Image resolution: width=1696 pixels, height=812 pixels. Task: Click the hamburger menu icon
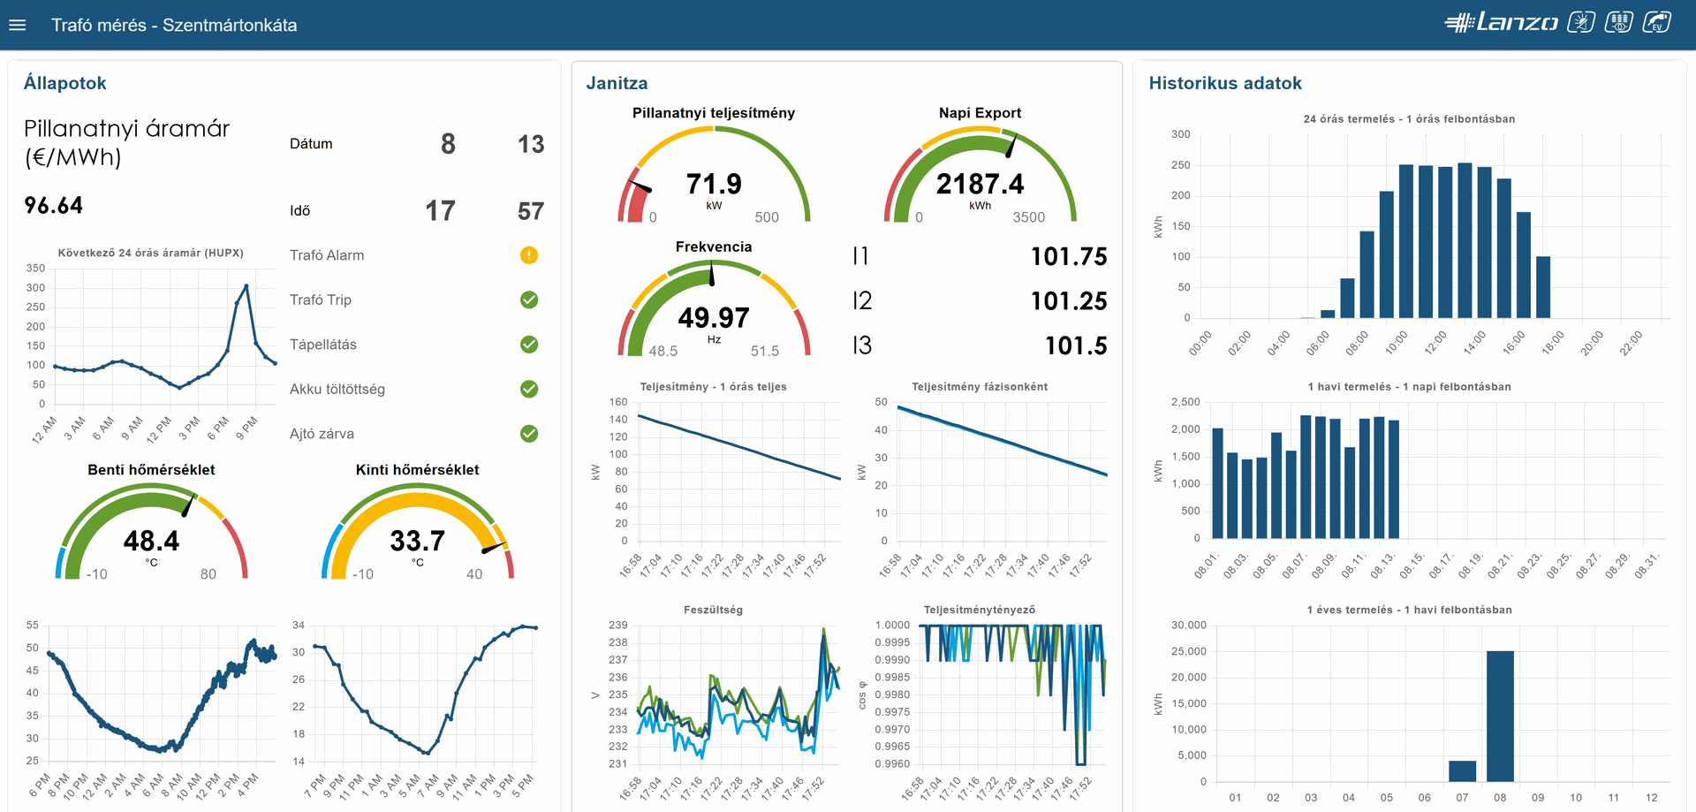(x=18, y=25)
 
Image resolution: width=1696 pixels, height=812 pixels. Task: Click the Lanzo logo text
(x=1517, y=23)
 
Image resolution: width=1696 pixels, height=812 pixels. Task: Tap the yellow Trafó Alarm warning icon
(x=529, y=255)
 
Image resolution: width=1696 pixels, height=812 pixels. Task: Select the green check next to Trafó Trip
(x=529, y=300)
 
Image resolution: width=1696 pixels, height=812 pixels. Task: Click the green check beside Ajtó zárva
(x=529, y=434)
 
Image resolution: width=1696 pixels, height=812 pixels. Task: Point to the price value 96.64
(x=54, y=206)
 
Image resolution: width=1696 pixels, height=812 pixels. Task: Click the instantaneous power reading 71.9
(x=714, y=184)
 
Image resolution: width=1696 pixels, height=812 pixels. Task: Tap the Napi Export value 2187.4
(x=980, y=184)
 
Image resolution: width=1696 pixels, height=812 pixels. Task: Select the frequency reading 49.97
(x=714, y=317)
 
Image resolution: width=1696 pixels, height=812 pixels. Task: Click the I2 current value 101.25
(x=1068, y=301)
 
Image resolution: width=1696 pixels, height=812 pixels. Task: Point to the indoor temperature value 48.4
(x=151, y=541)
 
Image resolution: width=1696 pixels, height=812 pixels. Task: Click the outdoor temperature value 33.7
(x=417, y=541)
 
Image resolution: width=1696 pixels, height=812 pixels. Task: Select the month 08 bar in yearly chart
(x=1500, y=716)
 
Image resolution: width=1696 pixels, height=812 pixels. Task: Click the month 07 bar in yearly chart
(x=1462, y=771)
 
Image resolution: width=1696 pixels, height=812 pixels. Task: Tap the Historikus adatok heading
(x=1225, y=83)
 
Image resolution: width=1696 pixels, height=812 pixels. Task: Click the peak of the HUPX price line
(x=246, y=286)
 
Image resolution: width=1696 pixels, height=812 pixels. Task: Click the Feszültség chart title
(x=713, y=610)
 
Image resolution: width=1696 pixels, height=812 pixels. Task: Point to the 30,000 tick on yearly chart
(x=1188, y=625)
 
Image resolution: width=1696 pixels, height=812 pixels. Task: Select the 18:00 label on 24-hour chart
(x=1553, y=343)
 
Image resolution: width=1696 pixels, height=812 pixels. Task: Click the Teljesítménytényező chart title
(x=979, y=610)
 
